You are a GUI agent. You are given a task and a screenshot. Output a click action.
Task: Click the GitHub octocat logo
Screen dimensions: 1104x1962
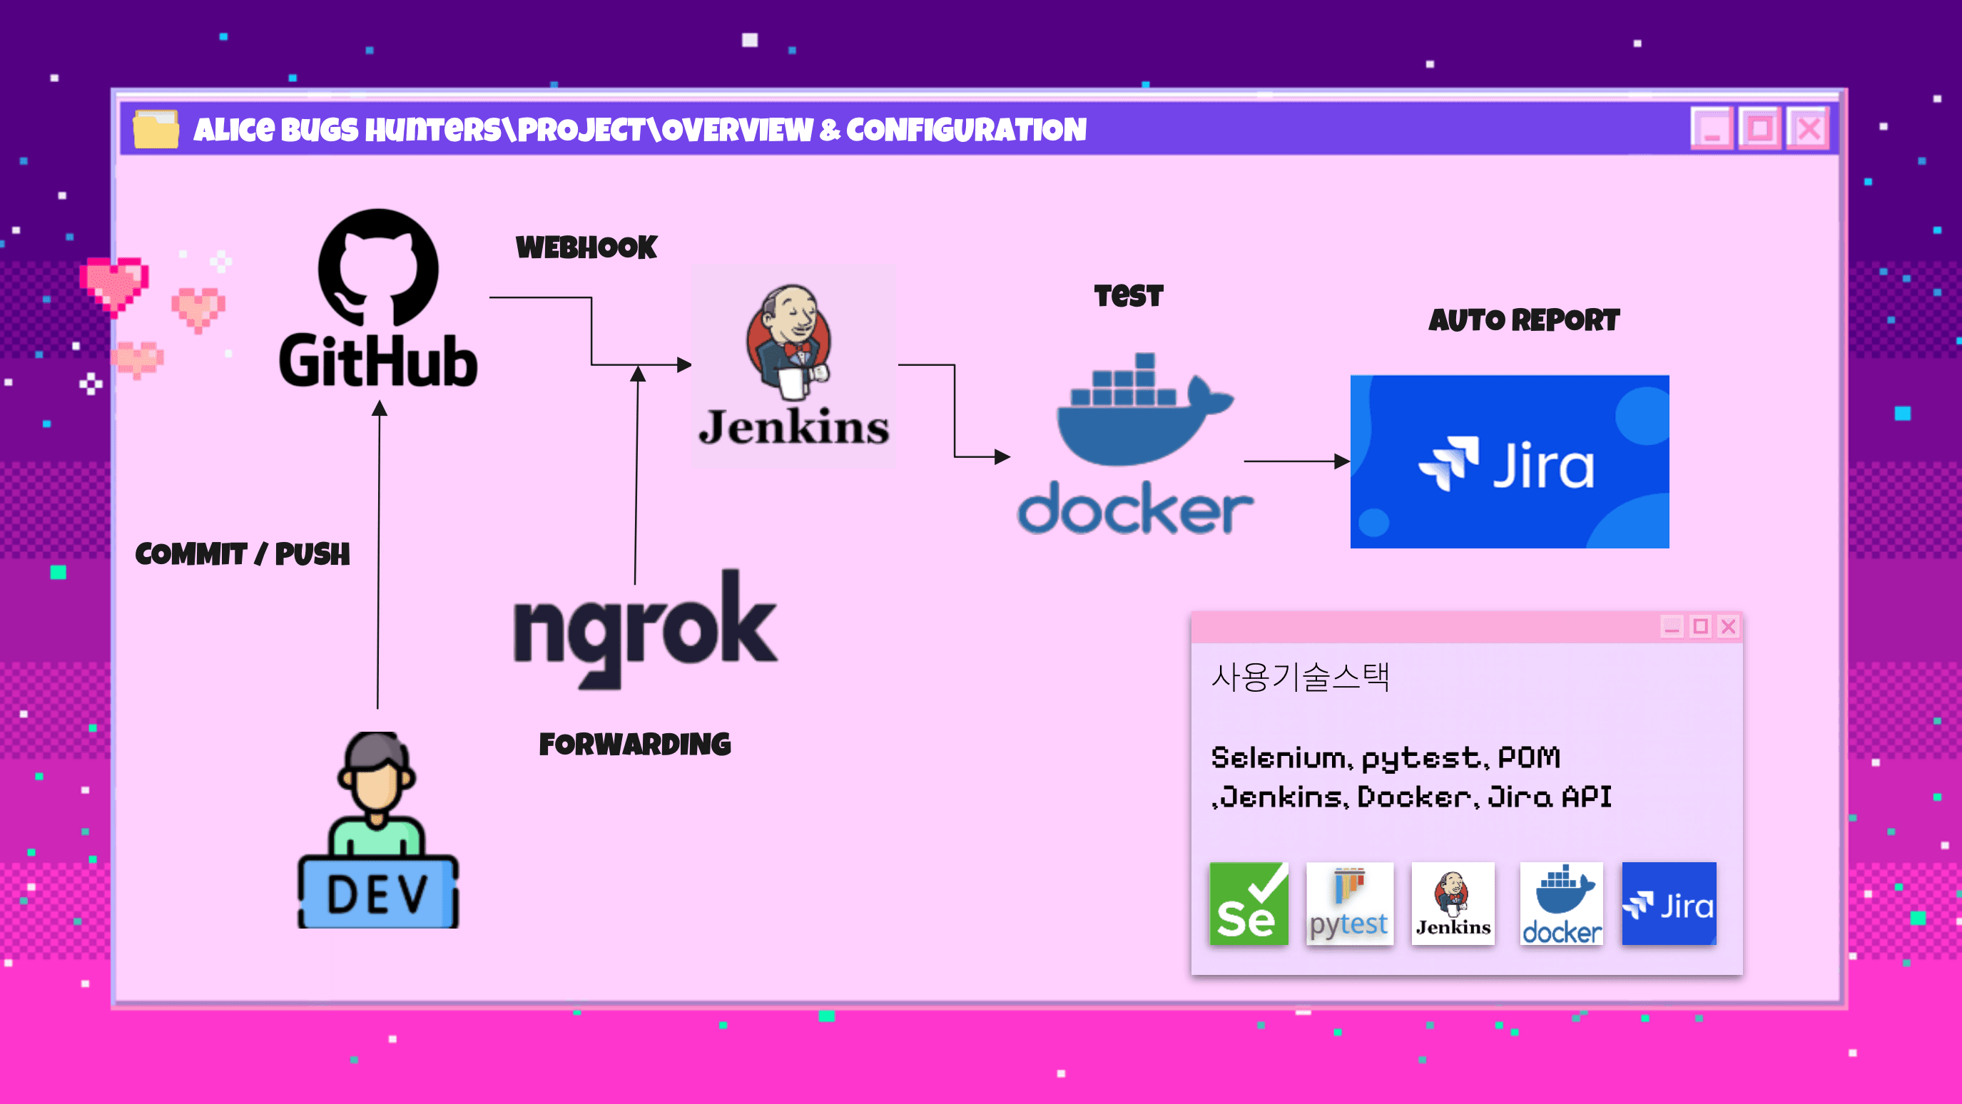pos(379,268)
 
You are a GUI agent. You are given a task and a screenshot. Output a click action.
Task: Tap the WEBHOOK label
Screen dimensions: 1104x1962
pos(586,247)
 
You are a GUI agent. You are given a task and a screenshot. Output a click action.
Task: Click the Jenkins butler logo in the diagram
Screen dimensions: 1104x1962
pos(790,342)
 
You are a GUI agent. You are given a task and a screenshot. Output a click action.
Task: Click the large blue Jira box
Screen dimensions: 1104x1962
pos(1509,461)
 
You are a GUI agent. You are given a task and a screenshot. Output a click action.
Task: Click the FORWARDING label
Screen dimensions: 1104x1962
pos(634,745)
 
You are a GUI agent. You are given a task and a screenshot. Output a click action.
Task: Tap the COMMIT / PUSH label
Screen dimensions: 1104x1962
pos(242,554)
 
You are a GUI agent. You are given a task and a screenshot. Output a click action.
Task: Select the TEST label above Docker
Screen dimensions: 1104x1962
pos(1128,295)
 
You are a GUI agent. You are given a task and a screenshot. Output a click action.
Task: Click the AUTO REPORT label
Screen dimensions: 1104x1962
pos(1523,320)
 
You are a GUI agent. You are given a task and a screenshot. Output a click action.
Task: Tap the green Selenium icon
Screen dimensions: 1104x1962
pos(1249,904)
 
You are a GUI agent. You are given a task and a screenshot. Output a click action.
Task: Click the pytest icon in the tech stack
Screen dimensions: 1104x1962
pos(1349,904)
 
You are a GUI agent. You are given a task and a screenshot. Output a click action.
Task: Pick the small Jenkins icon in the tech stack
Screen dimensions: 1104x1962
pos(1453,904)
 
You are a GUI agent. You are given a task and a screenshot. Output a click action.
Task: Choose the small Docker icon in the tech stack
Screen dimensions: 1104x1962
pos(1560,904)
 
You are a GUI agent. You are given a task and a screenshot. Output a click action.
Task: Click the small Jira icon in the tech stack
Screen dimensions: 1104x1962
pos(1668,904)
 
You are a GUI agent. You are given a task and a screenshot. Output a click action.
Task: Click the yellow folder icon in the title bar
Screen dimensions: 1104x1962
pos(156,128)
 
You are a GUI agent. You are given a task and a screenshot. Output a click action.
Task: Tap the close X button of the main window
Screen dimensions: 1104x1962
pos(1809,128)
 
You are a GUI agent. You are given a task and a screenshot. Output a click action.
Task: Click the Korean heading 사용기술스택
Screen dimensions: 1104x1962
pos(1300,677)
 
